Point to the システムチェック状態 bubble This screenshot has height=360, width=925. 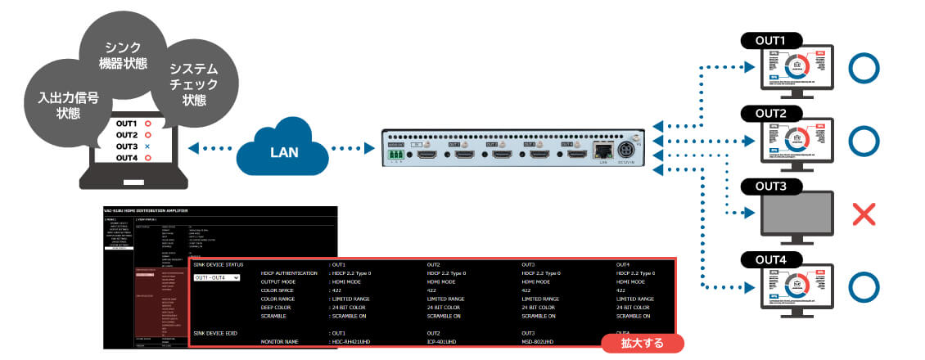tap(194, 81)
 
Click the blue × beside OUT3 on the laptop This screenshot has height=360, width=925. tap(148, 146)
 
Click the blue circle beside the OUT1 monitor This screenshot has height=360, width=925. tap(865, 70)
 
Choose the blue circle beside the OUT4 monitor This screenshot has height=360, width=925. tap(865, 289)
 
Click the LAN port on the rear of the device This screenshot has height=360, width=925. tap(602, 151)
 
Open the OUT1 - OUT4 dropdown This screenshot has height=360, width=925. tap(216, 277)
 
